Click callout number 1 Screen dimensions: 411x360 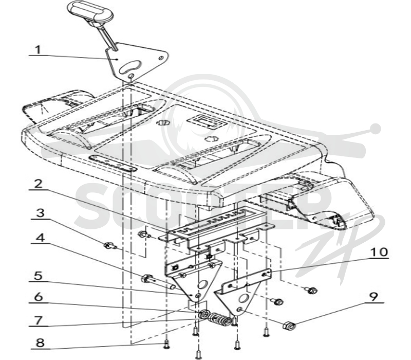[x=38, y=49]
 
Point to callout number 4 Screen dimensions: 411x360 [x=41, y=238]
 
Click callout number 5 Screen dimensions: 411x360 [x=38, y=276]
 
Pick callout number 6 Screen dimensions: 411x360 [x=38, y=297]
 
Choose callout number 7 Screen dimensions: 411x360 [x=39, y=320]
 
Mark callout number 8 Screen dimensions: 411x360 [x=40, y=343]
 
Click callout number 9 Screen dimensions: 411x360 [x=374, y=297]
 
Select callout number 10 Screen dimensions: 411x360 [x=378, y=252]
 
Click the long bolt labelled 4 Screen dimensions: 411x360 [x=157, y=281]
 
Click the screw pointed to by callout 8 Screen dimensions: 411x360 [x=166, y=345]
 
